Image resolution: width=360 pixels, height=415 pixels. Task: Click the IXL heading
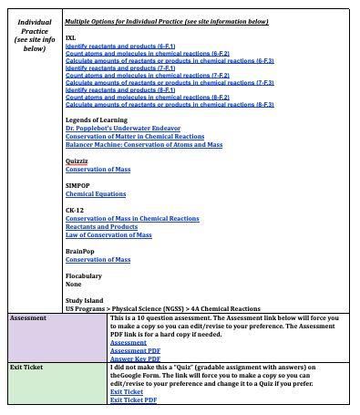click(x=71, y=37)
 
